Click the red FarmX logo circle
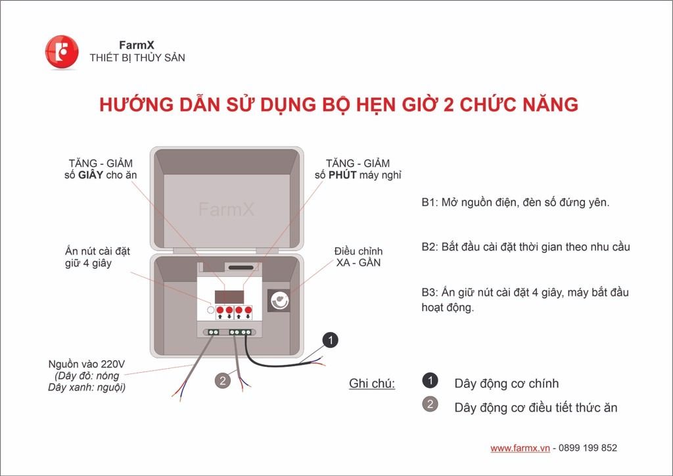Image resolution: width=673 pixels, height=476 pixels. pos(62,52)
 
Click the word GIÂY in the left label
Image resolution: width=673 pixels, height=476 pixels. pos(91,175)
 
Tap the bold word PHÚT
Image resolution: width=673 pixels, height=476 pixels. pos(342,175)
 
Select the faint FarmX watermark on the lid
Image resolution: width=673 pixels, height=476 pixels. pos(227,210)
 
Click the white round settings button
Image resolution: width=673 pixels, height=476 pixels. pos(210,310)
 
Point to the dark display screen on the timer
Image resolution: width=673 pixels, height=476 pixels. pos(229,297)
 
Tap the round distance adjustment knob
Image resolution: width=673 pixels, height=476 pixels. pos(279,300)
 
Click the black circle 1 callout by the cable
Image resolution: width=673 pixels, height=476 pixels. pos(331,341)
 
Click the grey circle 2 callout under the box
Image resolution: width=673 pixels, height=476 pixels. pos(222,380)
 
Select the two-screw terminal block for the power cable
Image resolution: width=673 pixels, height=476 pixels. pos(214,332)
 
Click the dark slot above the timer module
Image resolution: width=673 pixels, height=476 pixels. pos(241,268)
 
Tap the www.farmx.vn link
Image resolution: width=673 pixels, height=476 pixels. pos(520,448)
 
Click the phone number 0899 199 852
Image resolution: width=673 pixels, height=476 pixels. pos(588,448)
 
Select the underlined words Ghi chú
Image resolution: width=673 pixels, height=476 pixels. pos(372,383)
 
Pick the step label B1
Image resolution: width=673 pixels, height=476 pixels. pos(429,202)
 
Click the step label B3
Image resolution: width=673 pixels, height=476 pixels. pos(429,293)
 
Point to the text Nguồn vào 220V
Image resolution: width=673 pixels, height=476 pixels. pos(86,364)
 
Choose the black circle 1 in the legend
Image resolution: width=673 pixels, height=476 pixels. pos(430,380)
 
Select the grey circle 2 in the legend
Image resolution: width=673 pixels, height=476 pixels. pos(430,404)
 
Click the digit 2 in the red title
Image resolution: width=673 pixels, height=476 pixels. pos(448,105)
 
